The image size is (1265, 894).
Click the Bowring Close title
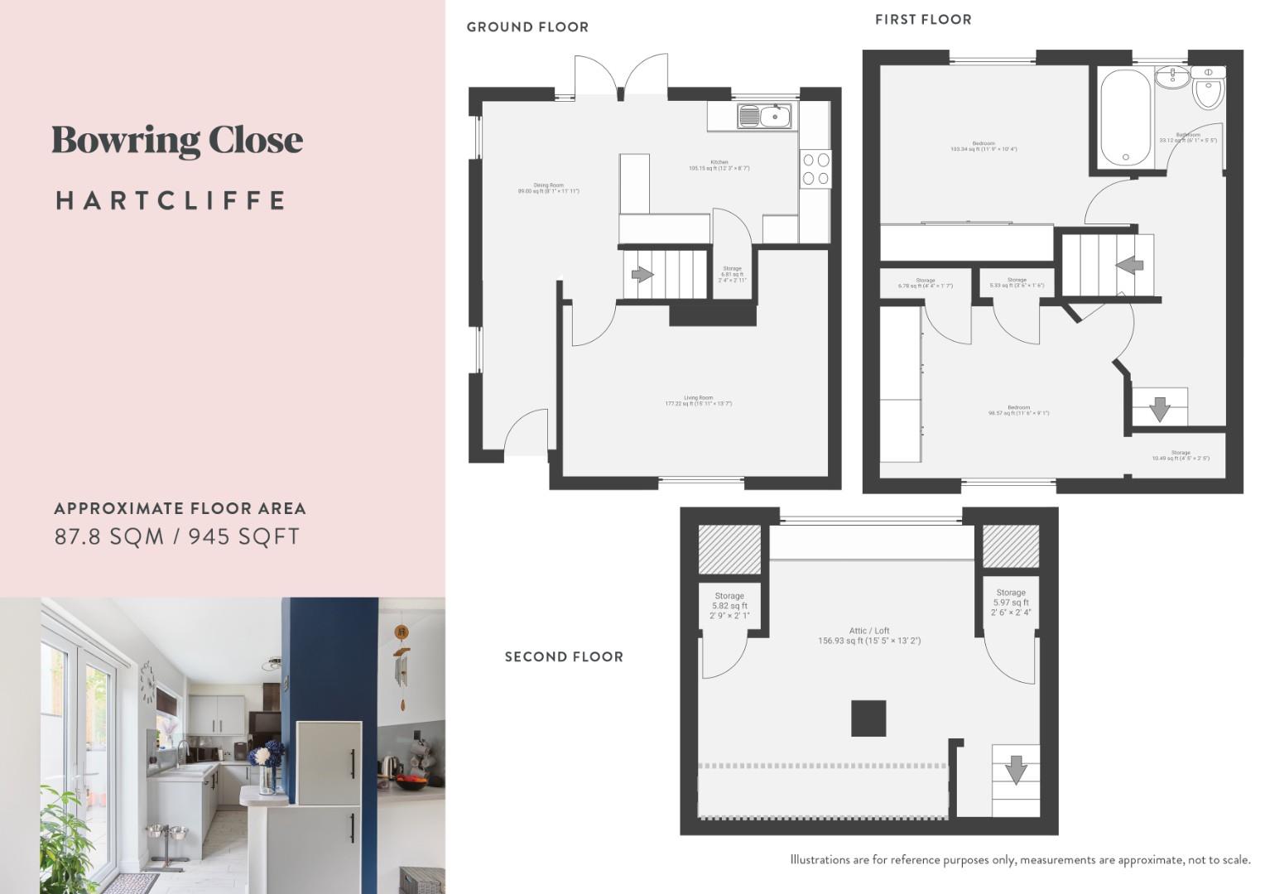pyautogui.click(x=177, y=141)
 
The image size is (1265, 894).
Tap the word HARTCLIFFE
pyautogui.click(x=171, y=200)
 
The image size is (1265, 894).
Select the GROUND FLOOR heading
pyautogui.click(x=527, y=26)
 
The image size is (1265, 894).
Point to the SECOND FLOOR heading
pyautogui.click(x=564, y=656)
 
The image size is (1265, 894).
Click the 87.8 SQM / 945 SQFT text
pyautogui.click(x=177, y=536)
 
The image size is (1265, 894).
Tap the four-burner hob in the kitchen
pyautogui.click(x=815, y=169)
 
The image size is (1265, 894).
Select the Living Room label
pyautogui.click(x=698, y=401)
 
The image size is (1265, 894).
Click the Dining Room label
pyautogui.click(x=548, y=188)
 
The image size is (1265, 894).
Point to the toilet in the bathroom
pyautogui.click(x=1209, y=89)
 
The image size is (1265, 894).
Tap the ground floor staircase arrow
pyautogui.click(x=642, y=274)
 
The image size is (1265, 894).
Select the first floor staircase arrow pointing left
pyautogui.click(x=1129, y=265)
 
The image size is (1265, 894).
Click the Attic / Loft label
pyautogui.click(x=869, y=636)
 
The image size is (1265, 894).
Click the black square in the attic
pyautogui.click(x=868, y=718)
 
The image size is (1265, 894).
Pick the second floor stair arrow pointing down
pyautogui.click(x=1016, y=770)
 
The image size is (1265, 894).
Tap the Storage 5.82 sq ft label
pyautogui.click(x=729, y=606)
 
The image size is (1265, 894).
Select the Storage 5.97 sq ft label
pyautogui.click(x=1011, y=603)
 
